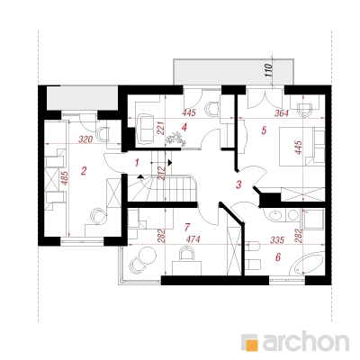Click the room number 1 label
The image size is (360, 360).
pyautogui.click(x=137, y=163)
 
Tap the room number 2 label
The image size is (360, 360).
pyautogui.click(x=84, y=171)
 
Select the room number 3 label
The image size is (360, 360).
pyautogui.click(x=238, y=184)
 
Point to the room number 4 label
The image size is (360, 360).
pyautogui.click(x=184, y=128)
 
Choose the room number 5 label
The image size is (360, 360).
pyautogui.click(x=264, y=130)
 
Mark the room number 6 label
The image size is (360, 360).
pyautogui.click(x=278, y=257)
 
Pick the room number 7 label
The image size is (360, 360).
pyautogui.click(x=187, y=227)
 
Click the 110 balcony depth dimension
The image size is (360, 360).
pyautogui.click(x=268, y=71)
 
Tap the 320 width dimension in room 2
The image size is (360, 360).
pyautogui.click(x=85, y=139)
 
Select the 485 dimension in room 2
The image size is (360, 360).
pyautogui.click(x=66, y=178)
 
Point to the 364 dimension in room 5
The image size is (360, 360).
pyautogui.click(x=282, y=113)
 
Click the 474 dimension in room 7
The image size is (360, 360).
pyautogui.click(x=193, y=239)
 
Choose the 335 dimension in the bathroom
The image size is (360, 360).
pyautogui.click(x=277, y=240)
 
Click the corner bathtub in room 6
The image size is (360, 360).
pyautogui.click(x=307, y=264)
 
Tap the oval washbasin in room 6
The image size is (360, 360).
pyautogui.click(x=274, y=216)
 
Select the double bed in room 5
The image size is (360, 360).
pyautogui.click(x=301, y=147)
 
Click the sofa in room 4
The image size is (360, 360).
pyautogui.click(x=146, y=129)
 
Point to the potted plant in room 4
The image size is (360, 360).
pyautogui.click(x=175, y=139)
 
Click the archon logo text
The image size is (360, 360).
pyautogui.click(x=306, y=340)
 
